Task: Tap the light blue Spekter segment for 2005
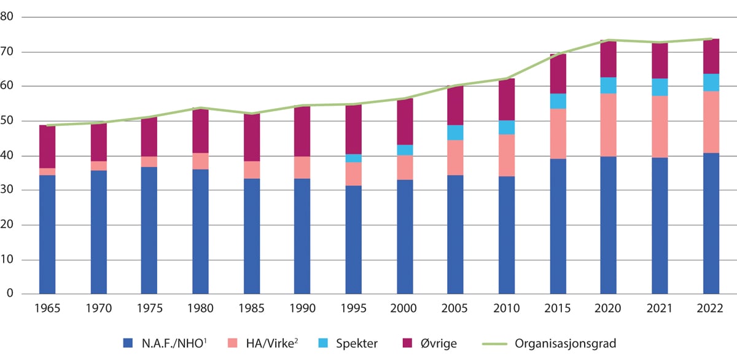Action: point(455,133)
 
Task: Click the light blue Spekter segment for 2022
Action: point(711,82)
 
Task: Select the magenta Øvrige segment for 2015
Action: point(558,74)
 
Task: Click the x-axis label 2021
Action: point(660,307)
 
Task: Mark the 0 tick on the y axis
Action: point(10,294)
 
